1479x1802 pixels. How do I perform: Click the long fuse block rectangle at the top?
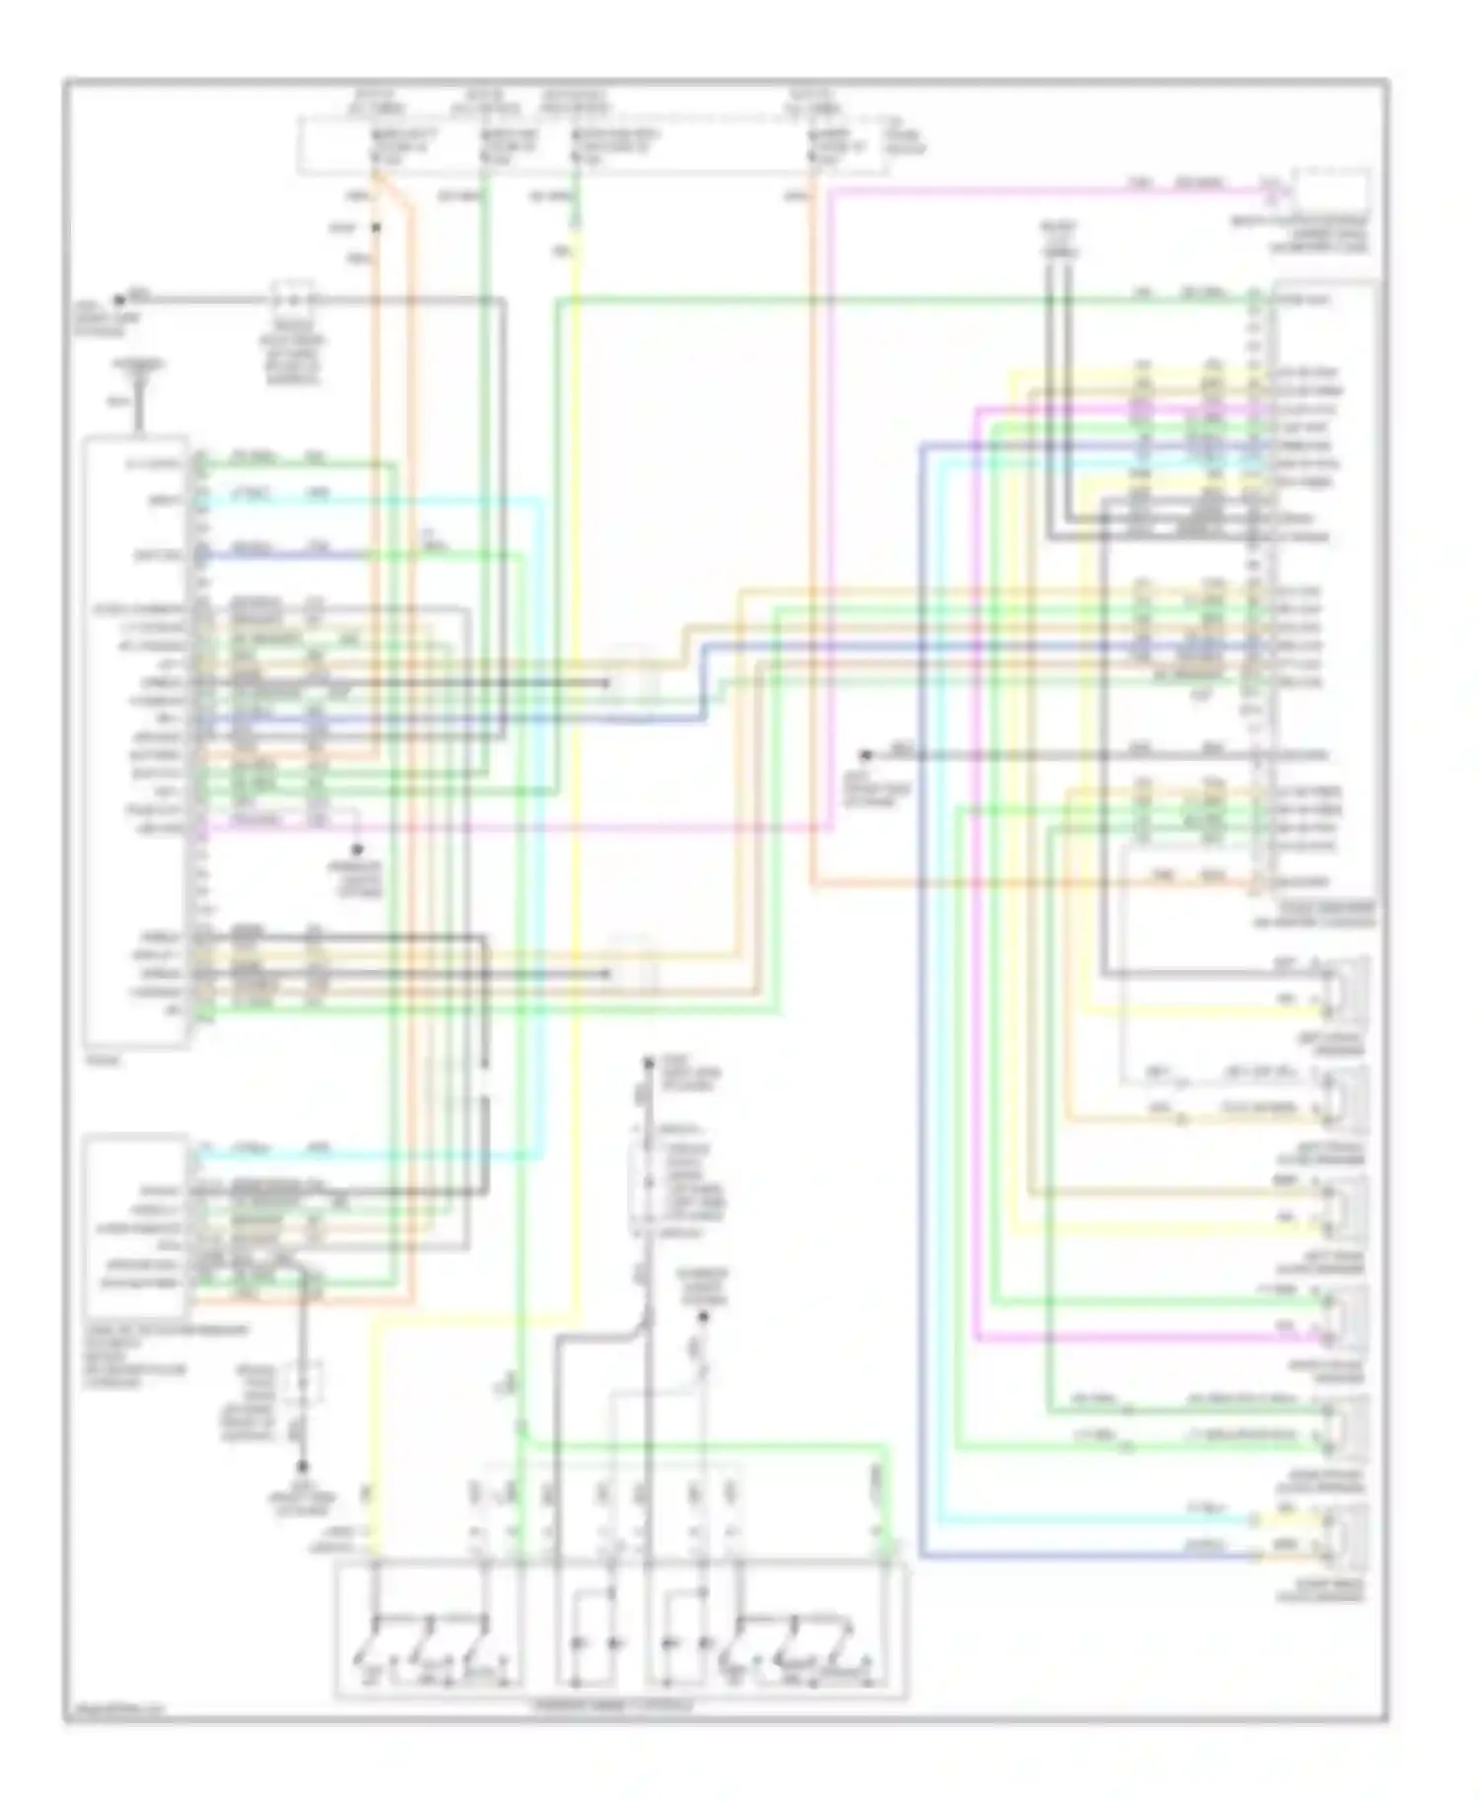tap(592, 146)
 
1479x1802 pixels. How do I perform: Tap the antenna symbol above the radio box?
tap(139, 399)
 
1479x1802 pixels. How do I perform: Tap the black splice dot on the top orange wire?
tap(375, 229)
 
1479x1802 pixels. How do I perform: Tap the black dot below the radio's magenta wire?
tap(358, 849)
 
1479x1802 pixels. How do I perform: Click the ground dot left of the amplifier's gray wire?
tap(865, 756)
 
